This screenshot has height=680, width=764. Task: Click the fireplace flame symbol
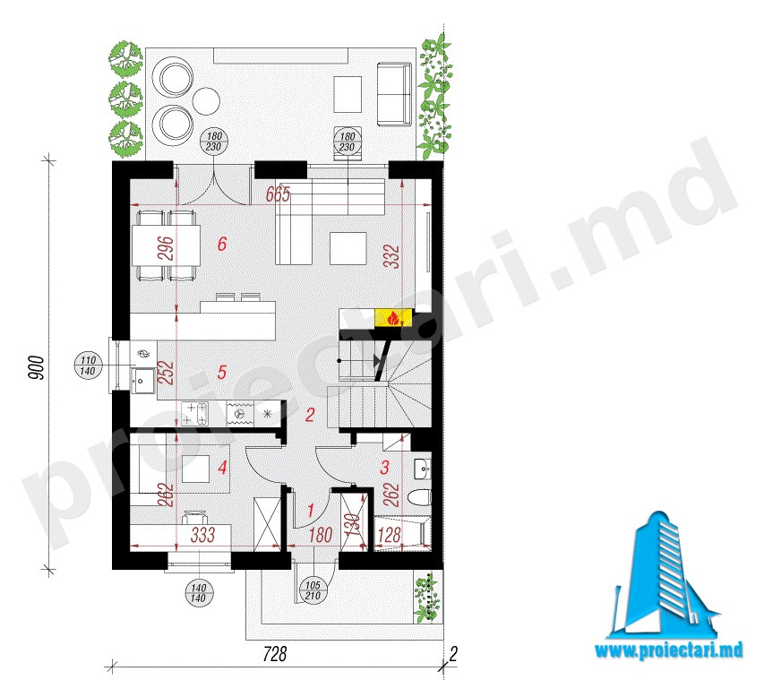(x=393, y=318)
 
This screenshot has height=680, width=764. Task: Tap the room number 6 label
(x=222, y=243)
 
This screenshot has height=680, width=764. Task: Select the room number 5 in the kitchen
(x=222, y=373)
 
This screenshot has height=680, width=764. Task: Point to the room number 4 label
(x=223, y=468)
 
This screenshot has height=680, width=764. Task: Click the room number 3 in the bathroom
(x=384, y=468)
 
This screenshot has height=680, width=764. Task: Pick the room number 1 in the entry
(x=311, y=511)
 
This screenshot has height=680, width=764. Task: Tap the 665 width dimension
(x=279, y=194)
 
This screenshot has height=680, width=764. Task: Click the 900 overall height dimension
(x=37, y=368)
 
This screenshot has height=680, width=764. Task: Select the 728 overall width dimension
(x=275, y=654)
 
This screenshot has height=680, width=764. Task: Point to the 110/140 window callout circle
(x=88, y=366)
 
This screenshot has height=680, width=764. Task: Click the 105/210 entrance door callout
(x=313, y=590)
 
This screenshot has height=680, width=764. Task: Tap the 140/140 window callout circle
(x=199, y=593)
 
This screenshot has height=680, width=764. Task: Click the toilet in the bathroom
(x=420, y=497)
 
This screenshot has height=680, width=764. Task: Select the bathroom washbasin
(x=423, y=469)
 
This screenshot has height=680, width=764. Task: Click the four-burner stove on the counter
(x=195, y=414)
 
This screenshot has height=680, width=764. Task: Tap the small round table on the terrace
(x=206, y=101)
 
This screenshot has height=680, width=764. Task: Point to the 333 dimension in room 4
(x=202, y=535)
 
